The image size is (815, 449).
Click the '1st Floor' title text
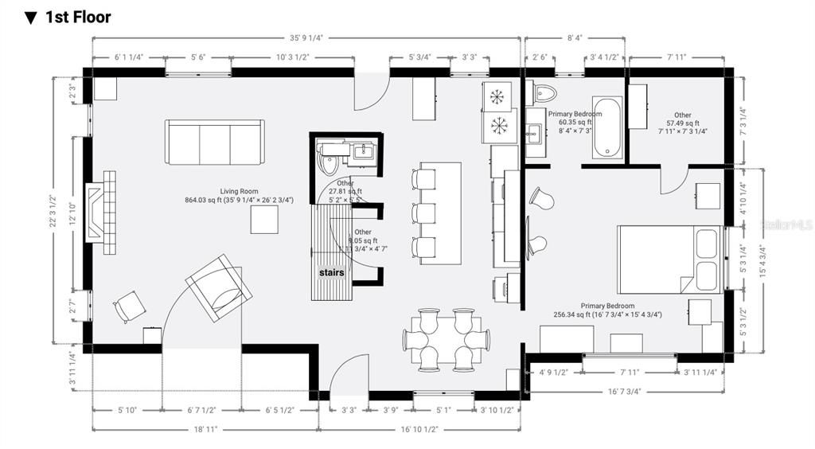[77, 17]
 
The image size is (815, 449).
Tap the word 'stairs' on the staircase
[332, 272]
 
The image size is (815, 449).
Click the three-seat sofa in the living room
[215, 142]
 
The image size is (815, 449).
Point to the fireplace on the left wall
[101, 212]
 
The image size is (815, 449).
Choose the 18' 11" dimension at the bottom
[205, 429]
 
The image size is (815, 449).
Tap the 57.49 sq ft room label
[683, 123]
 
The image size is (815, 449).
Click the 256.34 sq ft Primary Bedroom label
[607, 310]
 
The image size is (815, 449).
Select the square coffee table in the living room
[264, 220]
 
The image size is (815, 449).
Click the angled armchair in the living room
[219, 287]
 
